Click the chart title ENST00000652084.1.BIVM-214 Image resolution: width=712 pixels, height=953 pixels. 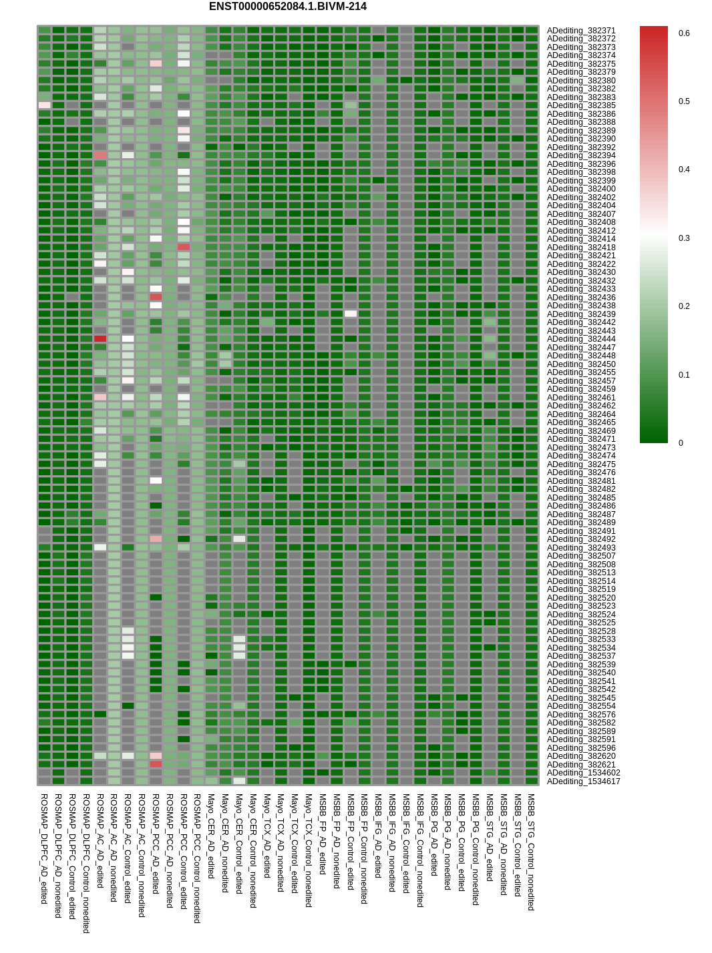288,7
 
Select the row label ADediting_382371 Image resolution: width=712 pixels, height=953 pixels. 581,31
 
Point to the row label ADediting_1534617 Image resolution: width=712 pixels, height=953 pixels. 583,781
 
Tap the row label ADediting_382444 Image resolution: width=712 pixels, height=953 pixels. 581,338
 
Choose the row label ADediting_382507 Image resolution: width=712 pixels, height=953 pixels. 581,556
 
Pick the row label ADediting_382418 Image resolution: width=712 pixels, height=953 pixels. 581,247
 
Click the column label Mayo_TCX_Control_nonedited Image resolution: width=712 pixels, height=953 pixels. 309,850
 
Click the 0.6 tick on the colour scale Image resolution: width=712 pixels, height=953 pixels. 684,33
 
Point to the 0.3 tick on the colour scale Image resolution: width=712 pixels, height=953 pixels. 684,238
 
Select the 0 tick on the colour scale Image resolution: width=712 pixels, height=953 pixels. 681,443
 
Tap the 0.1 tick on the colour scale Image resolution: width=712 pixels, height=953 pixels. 684,374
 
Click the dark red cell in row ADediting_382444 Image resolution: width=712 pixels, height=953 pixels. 100,338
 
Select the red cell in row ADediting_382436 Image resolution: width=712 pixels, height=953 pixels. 156,297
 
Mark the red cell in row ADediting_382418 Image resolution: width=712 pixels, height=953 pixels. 184,247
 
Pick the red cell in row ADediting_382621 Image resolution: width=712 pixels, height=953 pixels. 156,764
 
